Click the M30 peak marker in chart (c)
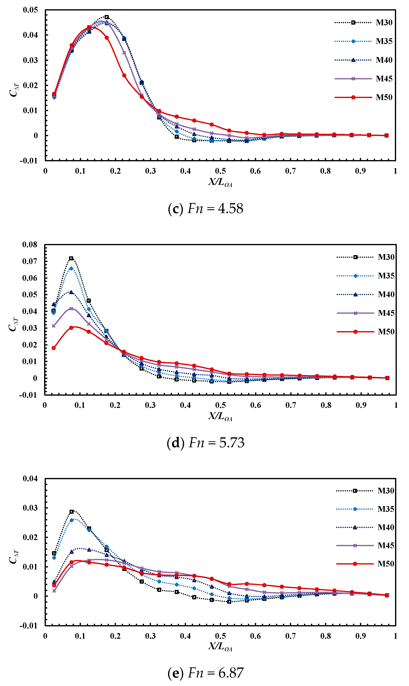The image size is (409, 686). pos(107,17)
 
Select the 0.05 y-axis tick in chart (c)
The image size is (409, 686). pos(30,10)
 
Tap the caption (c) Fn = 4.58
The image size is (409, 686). pos(205,209)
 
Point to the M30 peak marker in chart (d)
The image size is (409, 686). pos(71,258)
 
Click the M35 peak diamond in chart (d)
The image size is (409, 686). pos(71,268)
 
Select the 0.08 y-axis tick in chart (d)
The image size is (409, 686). pos(30,244)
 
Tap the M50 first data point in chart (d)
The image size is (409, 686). pos(54,348)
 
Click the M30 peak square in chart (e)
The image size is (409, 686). pos(71,512)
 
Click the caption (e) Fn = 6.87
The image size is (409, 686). pos(205,673)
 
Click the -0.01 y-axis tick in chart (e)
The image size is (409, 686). pos(28,626)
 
